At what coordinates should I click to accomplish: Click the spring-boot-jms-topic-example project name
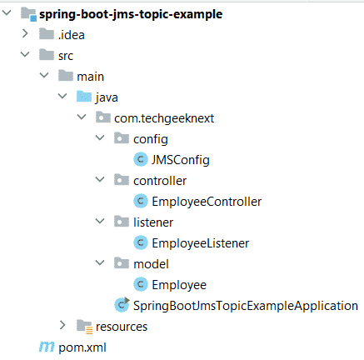pyautogui.click(x=131, y=14)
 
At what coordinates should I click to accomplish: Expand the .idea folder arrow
pyautogui.click(x=25, y=33)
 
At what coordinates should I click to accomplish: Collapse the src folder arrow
pyautogui.click(x=25, y=54)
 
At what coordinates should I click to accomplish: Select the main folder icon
pyautogui.click(x=66, y=76)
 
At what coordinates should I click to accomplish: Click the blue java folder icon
pyautogui.click(x=84, y=97)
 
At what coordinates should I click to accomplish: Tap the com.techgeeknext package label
pyautogui.click(x=164, y=118)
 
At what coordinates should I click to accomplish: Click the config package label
pyautogui.click(x=151, y=139)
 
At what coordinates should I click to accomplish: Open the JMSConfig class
pyautogui.click(x=181, y=160)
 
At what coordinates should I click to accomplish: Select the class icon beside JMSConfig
pyautogui.click(x=141, y=159)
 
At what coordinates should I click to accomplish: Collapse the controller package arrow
pyautogui.click(x=100, y=179)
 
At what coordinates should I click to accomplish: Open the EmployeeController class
pyautogui.click(x=207, y=202)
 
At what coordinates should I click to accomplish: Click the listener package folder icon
pyautogui.click(x=122, y=222)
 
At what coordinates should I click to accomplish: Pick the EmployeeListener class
pyautogui.click(x=201, y=243)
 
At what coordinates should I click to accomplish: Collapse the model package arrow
pyautogui.click(x=100, y=262)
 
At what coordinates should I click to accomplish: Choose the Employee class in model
pyautogui.click(x=179, y=285)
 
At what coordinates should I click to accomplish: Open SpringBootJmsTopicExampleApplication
pyautogui.click(x=246, y=306)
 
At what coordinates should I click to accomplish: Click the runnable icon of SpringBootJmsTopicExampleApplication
pyautogui.click(x=122, y=305)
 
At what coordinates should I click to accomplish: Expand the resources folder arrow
pyautogui.click(x=62, y=325)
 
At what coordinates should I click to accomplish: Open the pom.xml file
pyautogui.click(x=82, y=347)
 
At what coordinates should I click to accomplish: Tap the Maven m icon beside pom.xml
pyautogui.click(x=47, y=347)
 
